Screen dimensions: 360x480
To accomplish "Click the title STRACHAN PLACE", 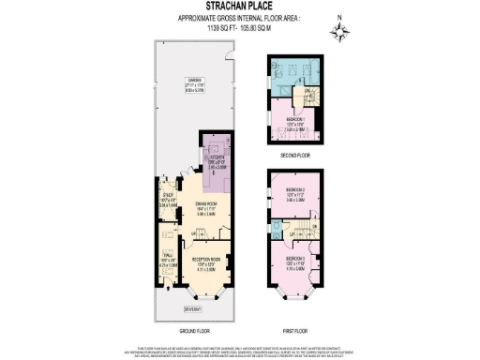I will coord(240,11).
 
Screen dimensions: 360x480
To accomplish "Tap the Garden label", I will coord(195,81).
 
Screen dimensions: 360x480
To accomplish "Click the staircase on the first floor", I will coord(300,228).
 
